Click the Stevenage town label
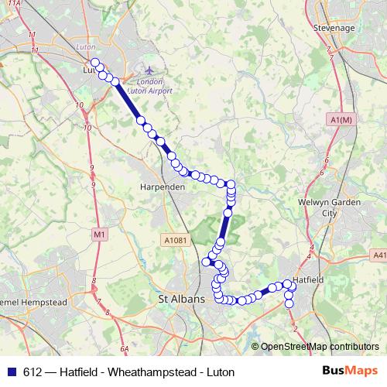tap(334, 28)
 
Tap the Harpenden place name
tap(161, 187)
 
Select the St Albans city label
tap(180, 299)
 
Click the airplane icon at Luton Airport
tap(146, 70)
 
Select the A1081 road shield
tap(174, 241)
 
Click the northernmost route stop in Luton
tap(95, 62)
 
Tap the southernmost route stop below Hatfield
tap(289, 303)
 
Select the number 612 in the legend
tap(33, 372)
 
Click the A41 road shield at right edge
tap(379, 255)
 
